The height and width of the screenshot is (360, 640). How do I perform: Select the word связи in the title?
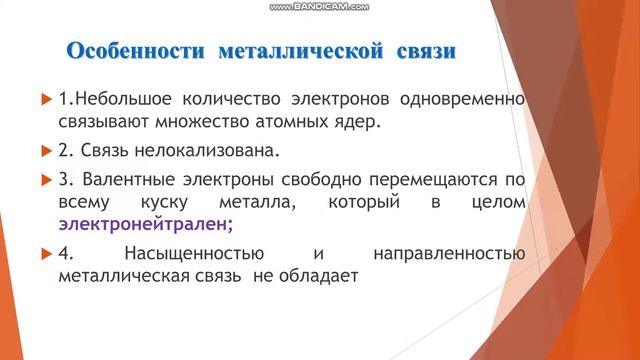(x=421, y=50)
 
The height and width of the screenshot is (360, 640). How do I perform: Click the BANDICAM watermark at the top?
(x=319, y=6)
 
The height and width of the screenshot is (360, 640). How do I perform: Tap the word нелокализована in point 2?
(x=221, y=152)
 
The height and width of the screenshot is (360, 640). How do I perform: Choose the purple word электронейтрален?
(x=143, y=223)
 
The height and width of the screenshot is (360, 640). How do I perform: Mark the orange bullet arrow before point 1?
(x=46, y=100)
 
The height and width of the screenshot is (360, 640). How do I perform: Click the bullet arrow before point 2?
(x=46, y=152)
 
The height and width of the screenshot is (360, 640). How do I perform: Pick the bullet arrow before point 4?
(x=46, y=253)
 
